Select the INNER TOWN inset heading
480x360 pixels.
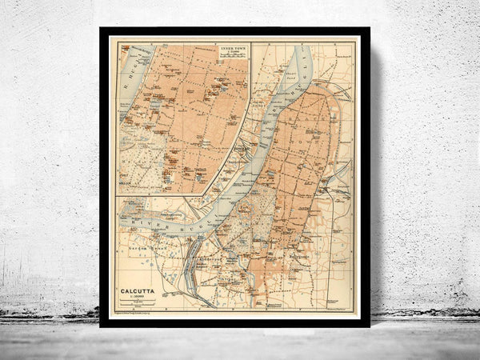231,50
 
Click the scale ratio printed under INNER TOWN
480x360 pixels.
231,55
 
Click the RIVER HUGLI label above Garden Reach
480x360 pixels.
160,223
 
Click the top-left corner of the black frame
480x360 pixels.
101,29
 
